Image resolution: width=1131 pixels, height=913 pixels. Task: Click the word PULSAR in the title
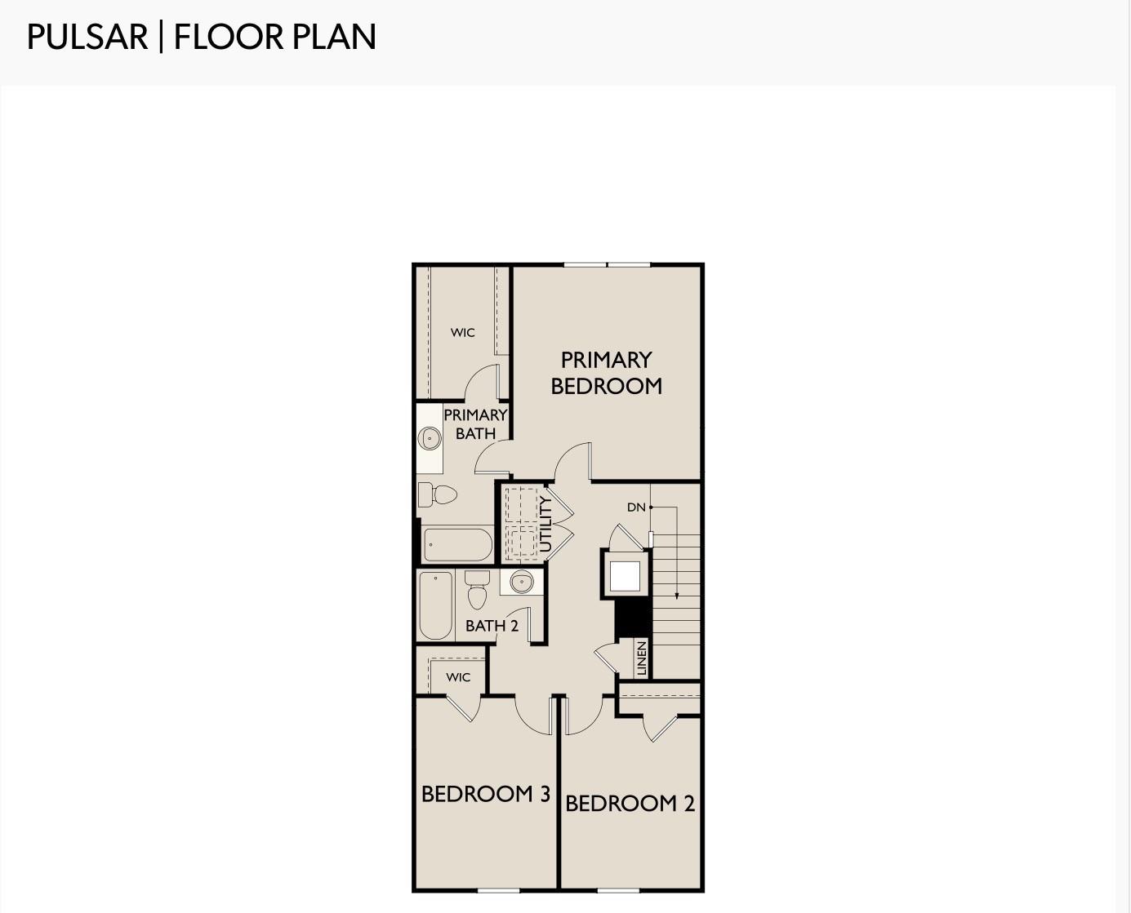[87, 37]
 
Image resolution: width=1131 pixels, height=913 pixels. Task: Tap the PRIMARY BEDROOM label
[607, 373]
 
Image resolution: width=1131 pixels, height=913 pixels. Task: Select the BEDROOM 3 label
[485, 794]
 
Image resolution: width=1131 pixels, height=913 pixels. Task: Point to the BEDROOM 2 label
[630, 804]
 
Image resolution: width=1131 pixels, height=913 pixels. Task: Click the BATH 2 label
[492, 626]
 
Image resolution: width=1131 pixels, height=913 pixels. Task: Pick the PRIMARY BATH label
[475, 424]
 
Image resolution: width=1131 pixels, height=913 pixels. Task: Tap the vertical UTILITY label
[545, 524]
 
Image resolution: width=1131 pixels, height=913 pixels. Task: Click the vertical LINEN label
[641, 658]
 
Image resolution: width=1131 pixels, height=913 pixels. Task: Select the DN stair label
[636, 507]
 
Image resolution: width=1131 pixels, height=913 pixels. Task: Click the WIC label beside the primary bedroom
[462, 333]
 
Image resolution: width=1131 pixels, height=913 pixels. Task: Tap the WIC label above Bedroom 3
[458, 677]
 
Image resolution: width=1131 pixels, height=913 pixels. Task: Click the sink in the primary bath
[430, 439]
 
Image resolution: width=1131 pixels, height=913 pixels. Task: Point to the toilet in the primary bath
[438, 494]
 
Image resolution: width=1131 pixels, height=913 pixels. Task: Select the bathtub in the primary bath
[458, 544]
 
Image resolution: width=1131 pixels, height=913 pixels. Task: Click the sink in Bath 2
[522, 582]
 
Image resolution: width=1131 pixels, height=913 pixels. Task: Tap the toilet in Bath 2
[477, 590]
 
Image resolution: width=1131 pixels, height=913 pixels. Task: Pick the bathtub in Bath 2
[436, 605]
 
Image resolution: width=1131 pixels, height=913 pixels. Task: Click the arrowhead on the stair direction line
[676, 596]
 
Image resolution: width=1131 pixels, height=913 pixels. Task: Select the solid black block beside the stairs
[633, 618]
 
